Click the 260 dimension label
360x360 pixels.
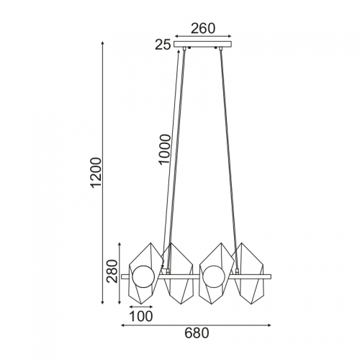pyautogui.click(x=203, y=29)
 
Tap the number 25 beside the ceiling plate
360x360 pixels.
pyautogui.click(x=163, y=45)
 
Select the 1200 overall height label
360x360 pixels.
pyautogui.click(x=96, y=172)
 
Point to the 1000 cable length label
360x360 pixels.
pyautogui.click(x=165, y=149)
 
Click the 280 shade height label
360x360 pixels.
pyautogui.click(x=112, y=271)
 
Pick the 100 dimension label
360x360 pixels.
pyautogui.click(x=141, y=316)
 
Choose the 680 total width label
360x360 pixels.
pyautogui.click(x=197, y=333)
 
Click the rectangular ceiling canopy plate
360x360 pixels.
pyautogui.click(x=203, y=45)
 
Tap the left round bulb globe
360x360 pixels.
pyautogui.click(x=143, y=277)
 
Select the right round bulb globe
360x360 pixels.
pyautogui.click(x=214, y=277)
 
